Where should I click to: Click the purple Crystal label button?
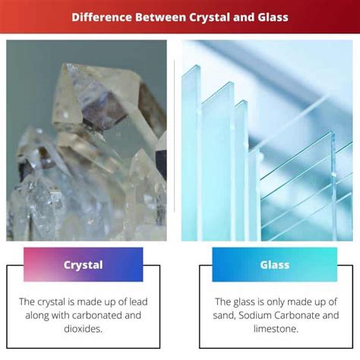click(x=83, y=265)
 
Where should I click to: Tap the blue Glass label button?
click(x=274, y=265)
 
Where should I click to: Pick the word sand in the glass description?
click(x=226, y=315)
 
